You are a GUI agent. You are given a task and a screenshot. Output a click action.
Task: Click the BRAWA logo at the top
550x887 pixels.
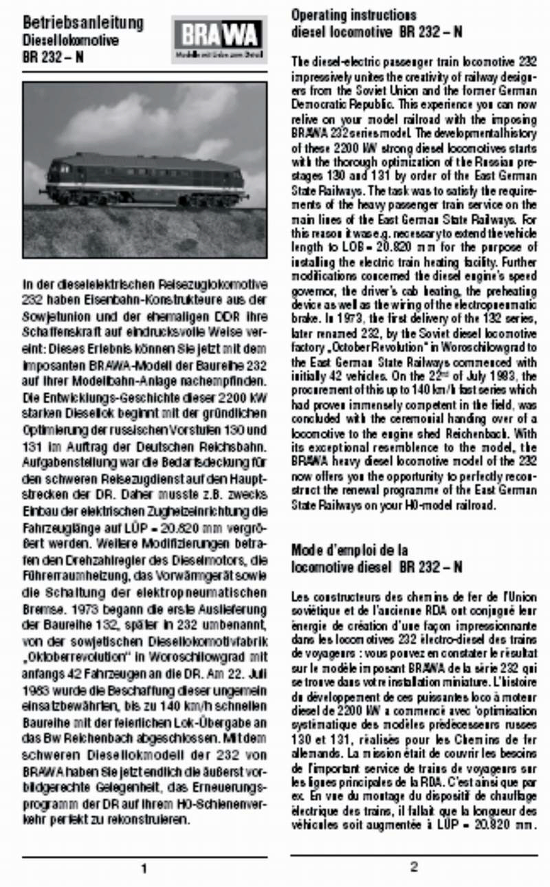tap(219, 39)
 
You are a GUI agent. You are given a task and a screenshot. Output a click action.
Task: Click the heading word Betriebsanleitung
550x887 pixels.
tap(83, 23)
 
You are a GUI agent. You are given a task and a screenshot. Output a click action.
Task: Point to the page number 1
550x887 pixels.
tap(144, 868)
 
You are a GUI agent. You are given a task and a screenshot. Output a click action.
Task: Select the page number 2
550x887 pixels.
tap(414, 866)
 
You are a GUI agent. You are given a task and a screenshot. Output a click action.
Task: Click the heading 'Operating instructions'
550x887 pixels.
tap(353, 14)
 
